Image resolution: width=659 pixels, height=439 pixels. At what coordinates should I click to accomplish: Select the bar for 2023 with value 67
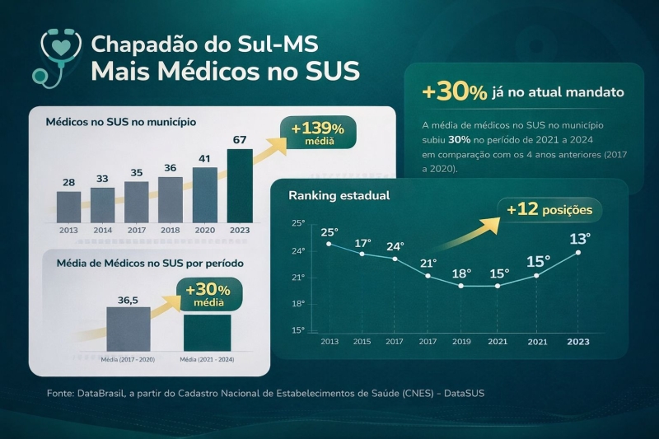pyautogui.click(x=240, y=185)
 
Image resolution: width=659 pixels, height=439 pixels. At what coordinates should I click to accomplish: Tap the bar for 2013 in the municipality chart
pyautogui.click(x=68, y=207)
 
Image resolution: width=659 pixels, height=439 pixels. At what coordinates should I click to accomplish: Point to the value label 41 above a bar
pyautogui.click(x=205, y=158)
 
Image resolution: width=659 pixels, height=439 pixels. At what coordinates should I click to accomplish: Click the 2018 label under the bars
pyautogui.click(x=170, y=231)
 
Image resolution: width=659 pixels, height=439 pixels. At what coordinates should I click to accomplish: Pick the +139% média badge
pyautogui.click(x=318, y=133)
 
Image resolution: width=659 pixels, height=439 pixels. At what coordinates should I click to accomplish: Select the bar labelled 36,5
pyautogui.click(x=129, y=329)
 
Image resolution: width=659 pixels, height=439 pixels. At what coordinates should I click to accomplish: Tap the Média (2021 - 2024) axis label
pyautogui.click(x=207, y=359)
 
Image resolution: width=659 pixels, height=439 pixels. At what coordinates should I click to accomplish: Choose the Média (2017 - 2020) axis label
pyautogui.click(x=128, y=359)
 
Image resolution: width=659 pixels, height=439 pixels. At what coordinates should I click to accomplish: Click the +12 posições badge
pyautogui.click(x=549, y=210)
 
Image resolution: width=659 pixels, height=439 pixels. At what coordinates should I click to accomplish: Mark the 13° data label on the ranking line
pyautogui.click(x=580, y=240)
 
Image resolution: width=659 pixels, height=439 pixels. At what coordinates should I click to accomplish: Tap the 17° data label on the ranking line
pyautogui.click(x=362, y=244)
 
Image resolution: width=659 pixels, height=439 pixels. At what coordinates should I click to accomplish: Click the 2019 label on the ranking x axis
pyautogui.click(x=460, y=341)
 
